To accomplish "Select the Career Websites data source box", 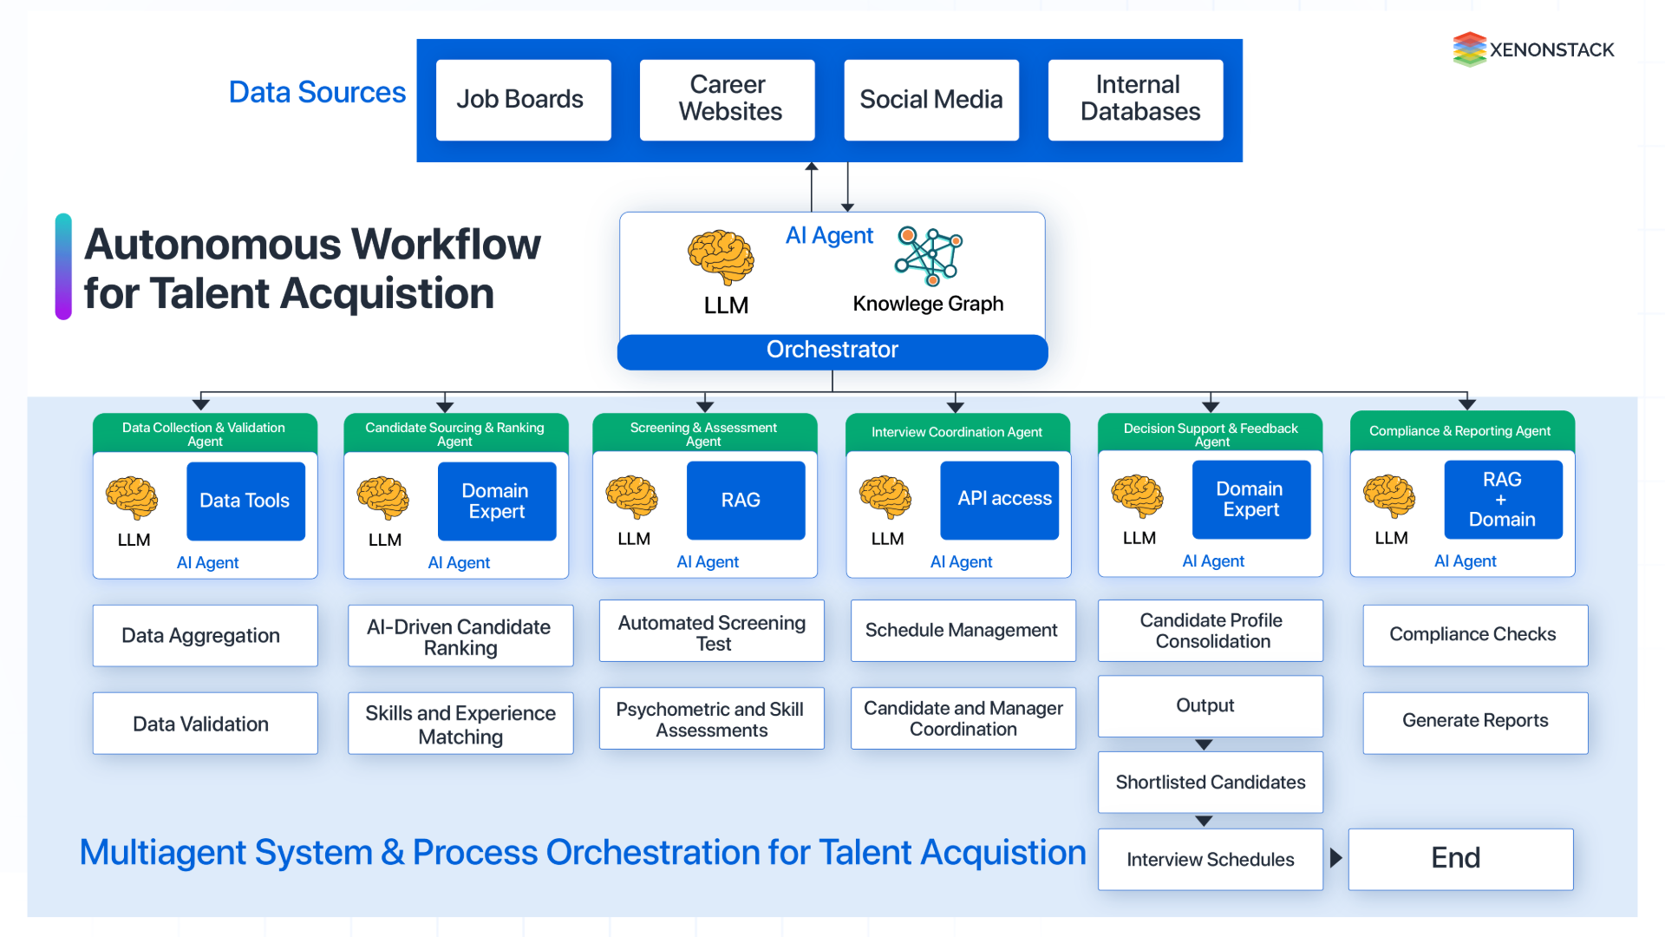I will [727, 100].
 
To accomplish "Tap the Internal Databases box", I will [1135, 100].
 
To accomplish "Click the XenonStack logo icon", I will [1469, 49].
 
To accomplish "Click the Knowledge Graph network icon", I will [929, 256].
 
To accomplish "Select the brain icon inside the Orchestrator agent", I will [721, 258].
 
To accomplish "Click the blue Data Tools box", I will [245, 501].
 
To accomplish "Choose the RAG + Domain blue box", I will [1502, 500].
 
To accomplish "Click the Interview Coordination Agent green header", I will [957, 432].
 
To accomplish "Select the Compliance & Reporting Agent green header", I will [1461, 431].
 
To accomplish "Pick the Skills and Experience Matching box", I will [460, 724].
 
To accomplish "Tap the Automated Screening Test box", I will [711, 632].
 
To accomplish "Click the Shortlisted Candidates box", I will [1210, 783].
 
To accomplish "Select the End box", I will [1460, 859].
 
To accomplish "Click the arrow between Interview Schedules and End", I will [1335, 858].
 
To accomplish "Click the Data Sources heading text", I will [317, 93].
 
